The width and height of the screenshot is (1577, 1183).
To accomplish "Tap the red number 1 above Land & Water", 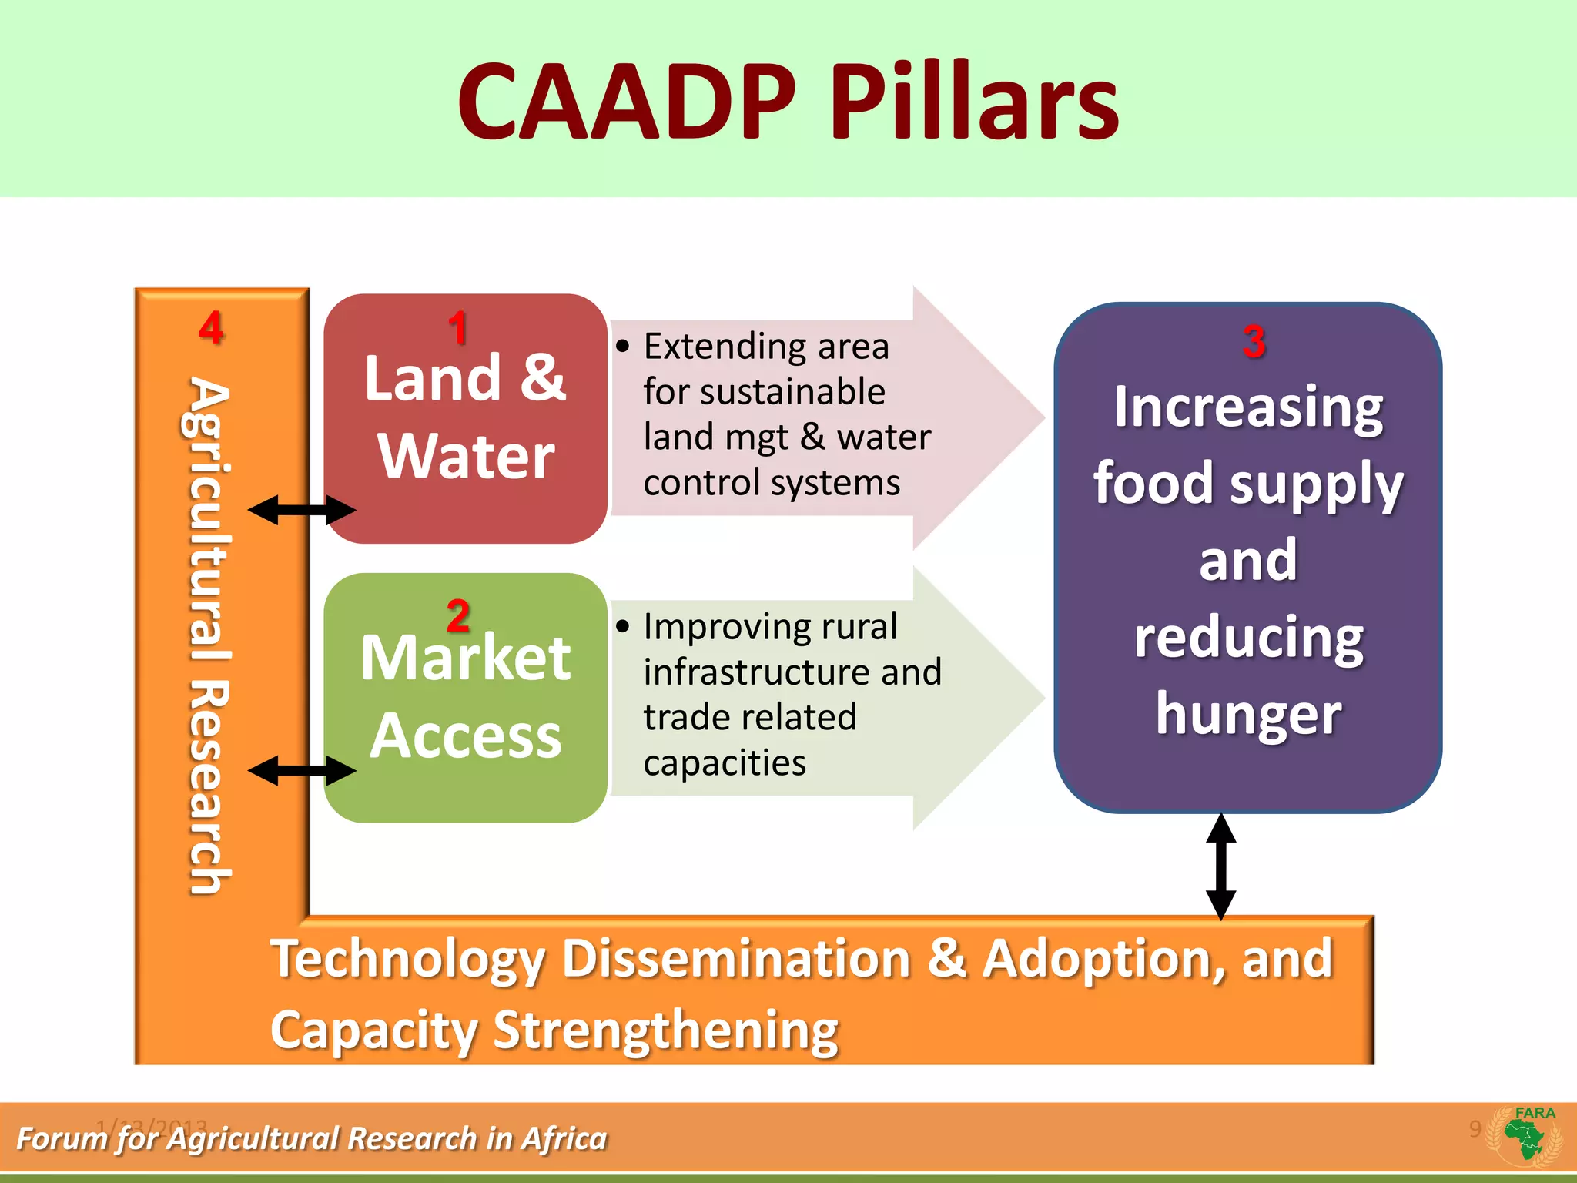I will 458,328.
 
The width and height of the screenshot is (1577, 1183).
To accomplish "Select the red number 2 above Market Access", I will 458,616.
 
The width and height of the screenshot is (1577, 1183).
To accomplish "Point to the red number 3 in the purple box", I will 1254,341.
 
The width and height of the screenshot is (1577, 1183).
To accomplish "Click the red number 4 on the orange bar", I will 211,328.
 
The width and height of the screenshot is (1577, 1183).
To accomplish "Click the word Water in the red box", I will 466,456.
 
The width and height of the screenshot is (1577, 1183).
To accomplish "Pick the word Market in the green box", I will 466,659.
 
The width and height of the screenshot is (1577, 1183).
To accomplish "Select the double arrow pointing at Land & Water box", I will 301,510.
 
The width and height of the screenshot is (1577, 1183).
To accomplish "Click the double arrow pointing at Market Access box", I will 301,770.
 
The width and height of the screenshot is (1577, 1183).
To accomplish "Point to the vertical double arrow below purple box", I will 1221,866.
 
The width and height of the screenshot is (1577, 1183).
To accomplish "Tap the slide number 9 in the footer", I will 1474,1128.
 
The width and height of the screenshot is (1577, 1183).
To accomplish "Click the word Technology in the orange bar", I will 408,960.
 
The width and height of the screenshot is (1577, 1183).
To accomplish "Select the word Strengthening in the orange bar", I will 666,1031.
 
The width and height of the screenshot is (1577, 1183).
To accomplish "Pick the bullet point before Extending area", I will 622,347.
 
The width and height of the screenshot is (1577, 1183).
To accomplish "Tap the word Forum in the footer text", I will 61,1138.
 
